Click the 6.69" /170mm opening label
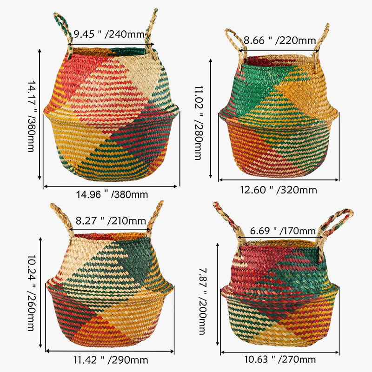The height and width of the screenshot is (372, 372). click(x=283, y=231)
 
